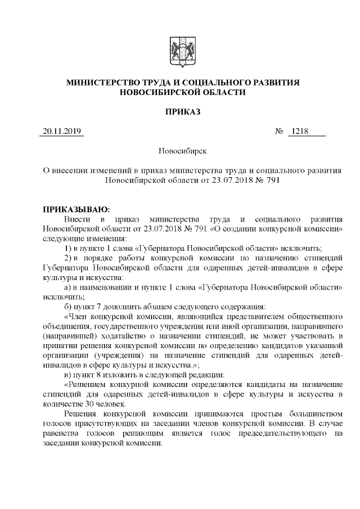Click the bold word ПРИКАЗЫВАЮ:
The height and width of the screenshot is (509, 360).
(76, 209)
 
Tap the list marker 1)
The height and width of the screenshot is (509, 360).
(67, 248)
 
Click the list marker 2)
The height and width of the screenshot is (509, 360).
(67, 258)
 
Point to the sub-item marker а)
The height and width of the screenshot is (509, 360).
(67, 287)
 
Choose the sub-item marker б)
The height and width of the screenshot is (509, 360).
(67, 307)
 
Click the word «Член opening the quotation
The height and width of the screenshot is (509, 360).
(78, 317)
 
